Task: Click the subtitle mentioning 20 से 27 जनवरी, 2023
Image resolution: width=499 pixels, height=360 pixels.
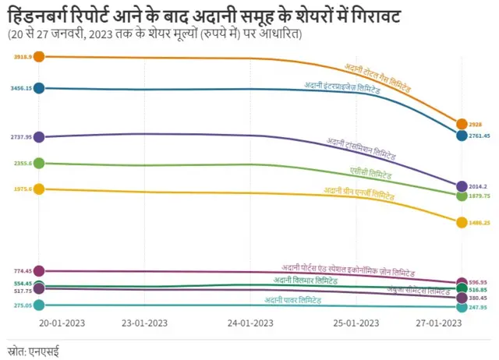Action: tap(157, 35)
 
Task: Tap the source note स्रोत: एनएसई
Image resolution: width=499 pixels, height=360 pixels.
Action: tap(33, 351)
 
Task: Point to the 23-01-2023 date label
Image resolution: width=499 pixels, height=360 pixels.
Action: tap(145, 323)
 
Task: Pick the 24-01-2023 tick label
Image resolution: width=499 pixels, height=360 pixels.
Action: tap(250, 323)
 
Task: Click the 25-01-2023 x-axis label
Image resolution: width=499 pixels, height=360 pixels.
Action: tap(356, 323)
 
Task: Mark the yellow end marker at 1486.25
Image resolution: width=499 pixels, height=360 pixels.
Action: tap(462, 222)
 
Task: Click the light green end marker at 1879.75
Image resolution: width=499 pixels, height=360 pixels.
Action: tap(462, 196)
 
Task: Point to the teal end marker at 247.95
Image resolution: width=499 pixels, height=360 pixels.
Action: tap(462, 307)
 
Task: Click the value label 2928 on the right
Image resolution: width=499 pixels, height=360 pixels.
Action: tap(476, 125)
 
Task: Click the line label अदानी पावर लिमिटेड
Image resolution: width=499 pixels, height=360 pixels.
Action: tap(292, 300)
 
